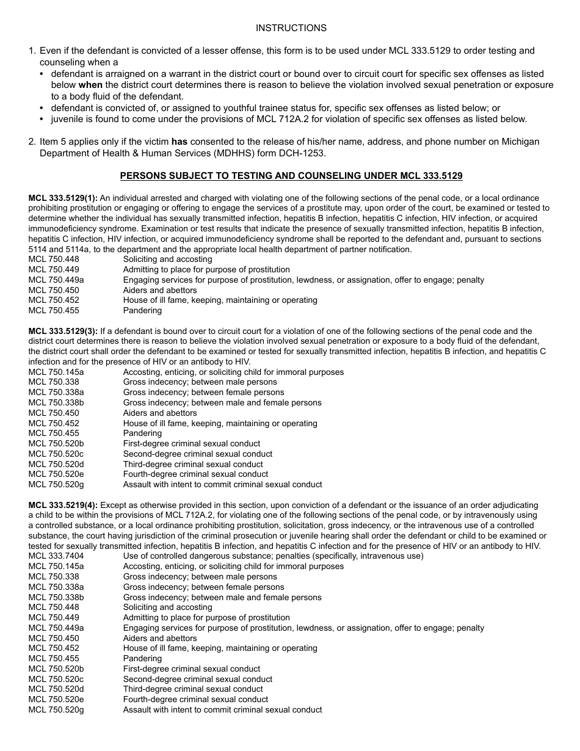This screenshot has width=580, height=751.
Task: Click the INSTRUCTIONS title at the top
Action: coord(291,28)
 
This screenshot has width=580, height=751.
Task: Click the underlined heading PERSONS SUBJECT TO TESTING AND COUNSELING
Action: coord(291,176)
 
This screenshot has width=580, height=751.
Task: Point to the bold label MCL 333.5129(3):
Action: coord(63,331)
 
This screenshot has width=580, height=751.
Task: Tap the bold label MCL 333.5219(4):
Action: coord(63,505)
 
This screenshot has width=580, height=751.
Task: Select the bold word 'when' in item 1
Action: coord(90,85)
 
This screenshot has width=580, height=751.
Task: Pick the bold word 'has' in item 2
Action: coord(179,142)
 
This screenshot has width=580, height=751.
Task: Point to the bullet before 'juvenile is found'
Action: coord(42,119)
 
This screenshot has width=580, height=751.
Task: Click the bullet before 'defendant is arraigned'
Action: coord(42,74)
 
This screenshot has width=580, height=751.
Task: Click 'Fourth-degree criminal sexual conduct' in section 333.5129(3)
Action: coord(195,474)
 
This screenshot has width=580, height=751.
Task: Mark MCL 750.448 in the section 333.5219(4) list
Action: coord(54,607)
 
